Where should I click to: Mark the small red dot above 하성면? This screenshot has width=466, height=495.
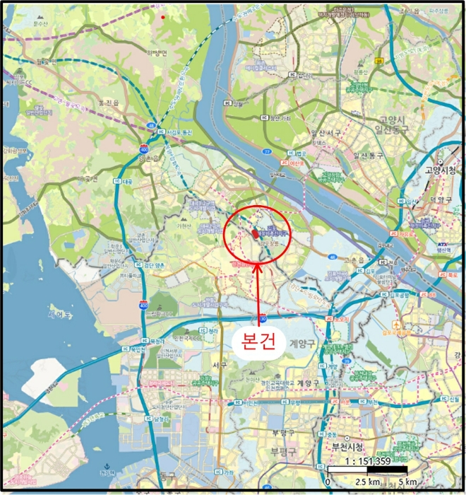tap(162, 16)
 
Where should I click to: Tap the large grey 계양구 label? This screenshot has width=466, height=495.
tap(303, 343)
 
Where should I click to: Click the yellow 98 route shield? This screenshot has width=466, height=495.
tap(379, 62)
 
